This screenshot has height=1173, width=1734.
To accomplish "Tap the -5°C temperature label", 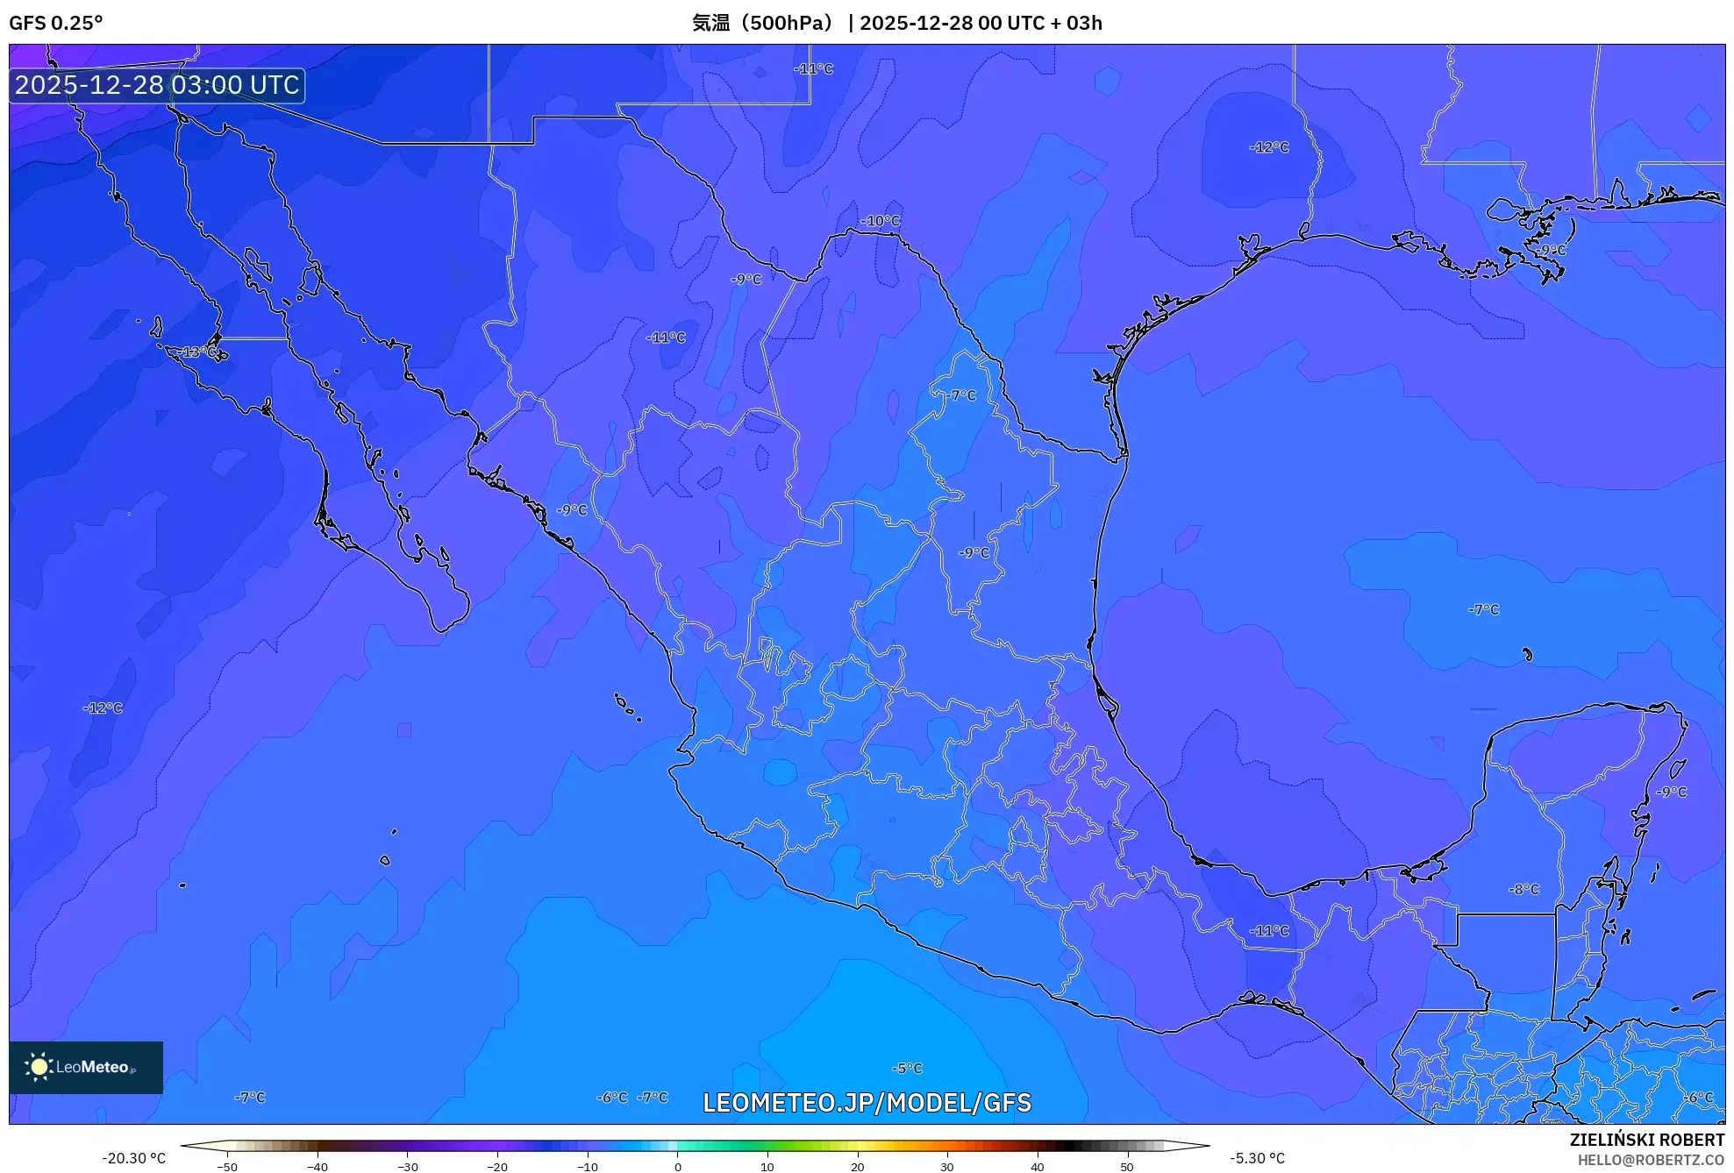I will pyautogui.click(x=907, y=1068).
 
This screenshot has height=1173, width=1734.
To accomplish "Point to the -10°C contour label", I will pyautogui.click(x=880, y=221).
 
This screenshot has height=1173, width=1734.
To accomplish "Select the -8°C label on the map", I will pyautogui.click(x=1523, y=889).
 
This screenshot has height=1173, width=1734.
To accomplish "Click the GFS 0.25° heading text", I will pyautogui.click(x=55, y=23).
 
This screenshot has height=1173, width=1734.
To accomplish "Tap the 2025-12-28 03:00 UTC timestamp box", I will pyautogui.click(x=157, y=85).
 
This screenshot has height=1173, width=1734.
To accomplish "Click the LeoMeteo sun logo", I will pyautogui.click(x=39, y=1066).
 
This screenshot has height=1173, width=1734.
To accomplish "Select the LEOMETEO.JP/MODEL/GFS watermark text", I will pyautogui.click(x=867, y=1102).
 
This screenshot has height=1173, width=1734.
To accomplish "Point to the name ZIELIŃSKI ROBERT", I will pyautogui.click(x=1646, y=1140).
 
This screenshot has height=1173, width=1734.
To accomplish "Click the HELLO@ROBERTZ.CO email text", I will pyautogui.click(x=1651, y=1160).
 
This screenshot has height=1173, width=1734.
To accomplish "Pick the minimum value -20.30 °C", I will pyautogui.click(x=133, y=1158).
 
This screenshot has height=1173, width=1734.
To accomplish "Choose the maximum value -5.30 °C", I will pyautogui.click(x=1257, y=1158).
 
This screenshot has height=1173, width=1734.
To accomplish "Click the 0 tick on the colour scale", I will pyautogui.click(x=677, y=1167).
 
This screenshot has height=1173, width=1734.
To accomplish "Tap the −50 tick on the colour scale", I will pyautogui.click(x=227, y=1167).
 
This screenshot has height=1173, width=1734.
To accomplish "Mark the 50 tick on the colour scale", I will pyautogui.click(x=1126, y=1167).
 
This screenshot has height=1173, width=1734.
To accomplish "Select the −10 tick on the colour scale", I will pyautogui.click(x=587, y=1167).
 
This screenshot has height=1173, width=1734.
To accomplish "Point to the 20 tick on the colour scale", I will pyautogui.click(x=857, y=1167).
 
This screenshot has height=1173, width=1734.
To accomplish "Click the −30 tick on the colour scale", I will pyautogui.click(x=407, y=1167).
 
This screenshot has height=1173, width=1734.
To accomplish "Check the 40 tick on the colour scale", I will pyautogui.click(x=1037, y=1167).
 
